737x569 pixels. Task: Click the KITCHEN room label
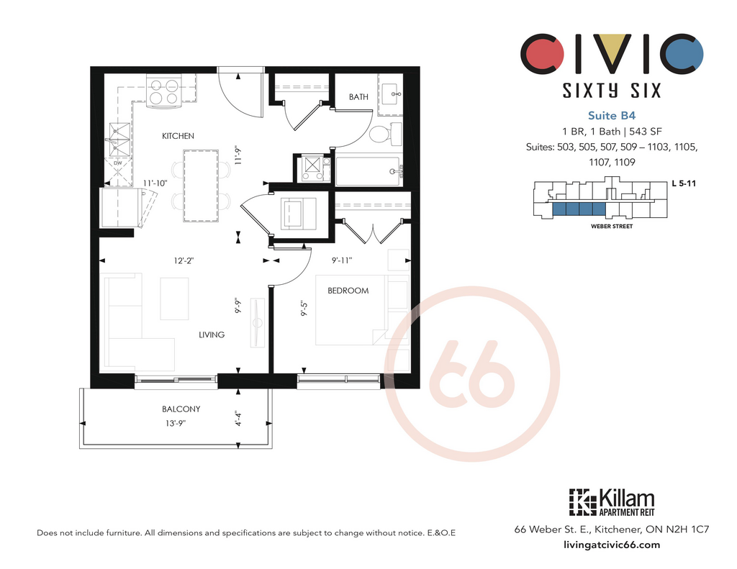point(178,136)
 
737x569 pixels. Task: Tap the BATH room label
point(358,97)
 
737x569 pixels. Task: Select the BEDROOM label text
point(348,291)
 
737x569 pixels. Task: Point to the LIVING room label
point(212,334)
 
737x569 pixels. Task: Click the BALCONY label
point(181,409)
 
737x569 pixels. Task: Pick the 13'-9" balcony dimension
point(176,423)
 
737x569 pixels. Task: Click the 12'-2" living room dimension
point(184,260)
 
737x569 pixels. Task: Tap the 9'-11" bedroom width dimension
point(342,260)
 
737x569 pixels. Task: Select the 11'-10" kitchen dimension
point(155,183)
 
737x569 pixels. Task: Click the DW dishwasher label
point(117,163)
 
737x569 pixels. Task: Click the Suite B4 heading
point(612,116)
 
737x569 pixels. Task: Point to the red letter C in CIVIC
point(541,53)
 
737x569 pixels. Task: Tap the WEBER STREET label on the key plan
point(612,227)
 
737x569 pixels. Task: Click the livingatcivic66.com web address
point(612,545)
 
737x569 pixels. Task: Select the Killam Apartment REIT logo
point(612,503)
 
